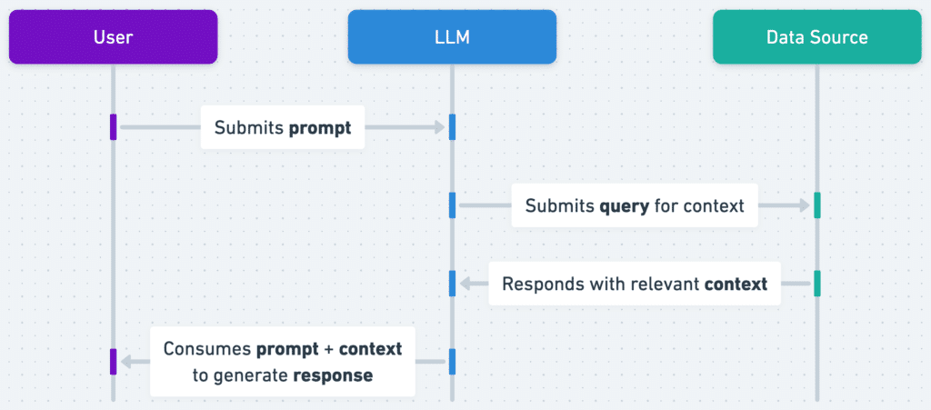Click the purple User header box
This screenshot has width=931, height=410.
point(113,37)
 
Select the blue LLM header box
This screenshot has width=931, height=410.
point(452,37)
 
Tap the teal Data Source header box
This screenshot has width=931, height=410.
point(816,37)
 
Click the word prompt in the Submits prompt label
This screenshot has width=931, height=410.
point(320,128)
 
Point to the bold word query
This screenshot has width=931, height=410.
point(624,206)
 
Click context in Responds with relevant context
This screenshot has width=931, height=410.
point(736,284)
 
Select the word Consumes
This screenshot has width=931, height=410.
point(207,348)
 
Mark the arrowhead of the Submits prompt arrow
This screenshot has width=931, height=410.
point(439,127)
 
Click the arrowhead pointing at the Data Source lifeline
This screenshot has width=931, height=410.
point(803,206)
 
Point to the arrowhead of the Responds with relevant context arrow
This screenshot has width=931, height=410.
point(465,284)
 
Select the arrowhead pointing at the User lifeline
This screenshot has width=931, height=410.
point(126,362)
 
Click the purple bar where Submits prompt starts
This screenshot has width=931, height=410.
point(113,127)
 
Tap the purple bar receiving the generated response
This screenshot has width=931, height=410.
point(113,362)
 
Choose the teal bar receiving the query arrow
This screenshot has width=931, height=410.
point(816,205)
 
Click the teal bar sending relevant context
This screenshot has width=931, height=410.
point(816,284)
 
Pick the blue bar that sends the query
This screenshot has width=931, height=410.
point(452,205)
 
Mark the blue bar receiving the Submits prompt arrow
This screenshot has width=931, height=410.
point(452,127)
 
